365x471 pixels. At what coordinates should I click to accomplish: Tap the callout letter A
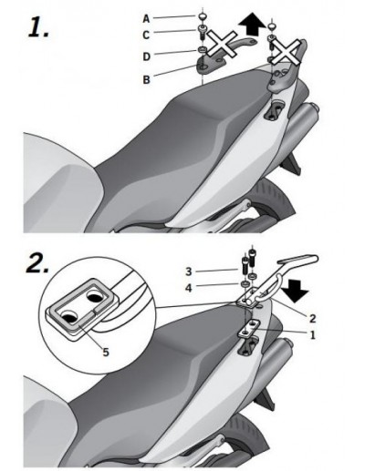click(x=146, y=19)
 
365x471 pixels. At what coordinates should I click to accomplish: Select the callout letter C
click(x=146, y=35)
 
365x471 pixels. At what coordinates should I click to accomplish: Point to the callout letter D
click(x=147, y=56)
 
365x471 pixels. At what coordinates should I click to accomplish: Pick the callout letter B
click(x=147, y=79)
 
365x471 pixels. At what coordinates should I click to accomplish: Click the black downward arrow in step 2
click(x=295, y=292)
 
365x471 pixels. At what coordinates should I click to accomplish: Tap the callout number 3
click(x=189, y=271)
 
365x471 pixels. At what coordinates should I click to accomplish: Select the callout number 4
click(x=189, y=288)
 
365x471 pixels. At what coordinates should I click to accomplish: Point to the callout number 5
click(x=106, y=353)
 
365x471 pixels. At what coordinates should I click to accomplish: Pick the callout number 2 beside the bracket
click(x=312, y=319)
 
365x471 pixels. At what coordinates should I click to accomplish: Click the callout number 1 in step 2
click(x=312, y=335)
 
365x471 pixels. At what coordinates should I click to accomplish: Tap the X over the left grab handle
click(x=223, y=45)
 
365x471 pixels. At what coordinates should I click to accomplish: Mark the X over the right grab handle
click(x=286, y=52)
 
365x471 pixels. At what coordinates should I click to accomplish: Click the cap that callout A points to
click(x=202, y=16)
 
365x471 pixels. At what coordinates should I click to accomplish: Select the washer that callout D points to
click(x=202, y=49)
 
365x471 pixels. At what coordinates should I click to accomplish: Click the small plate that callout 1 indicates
click(x=248, y=329)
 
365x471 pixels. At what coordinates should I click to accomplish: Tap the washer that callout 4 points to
click(x=245, y=283)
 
